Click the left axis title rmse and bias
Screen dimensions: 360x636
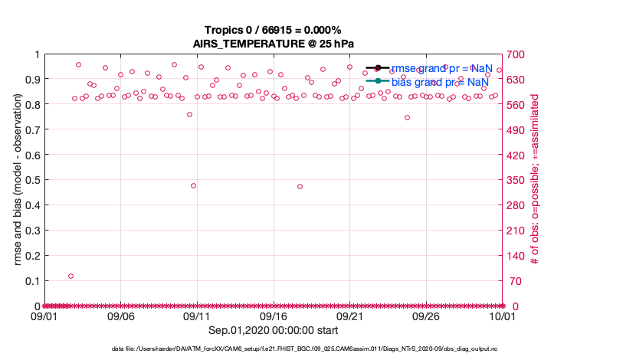coord(18,180)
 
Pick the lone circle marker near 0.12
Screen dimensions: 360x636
coord(70,276)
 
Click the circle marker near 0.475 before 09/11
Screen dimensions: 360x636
coord(193,185)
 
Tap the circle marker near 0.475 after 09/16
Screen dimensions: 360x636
coord(300,186)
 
